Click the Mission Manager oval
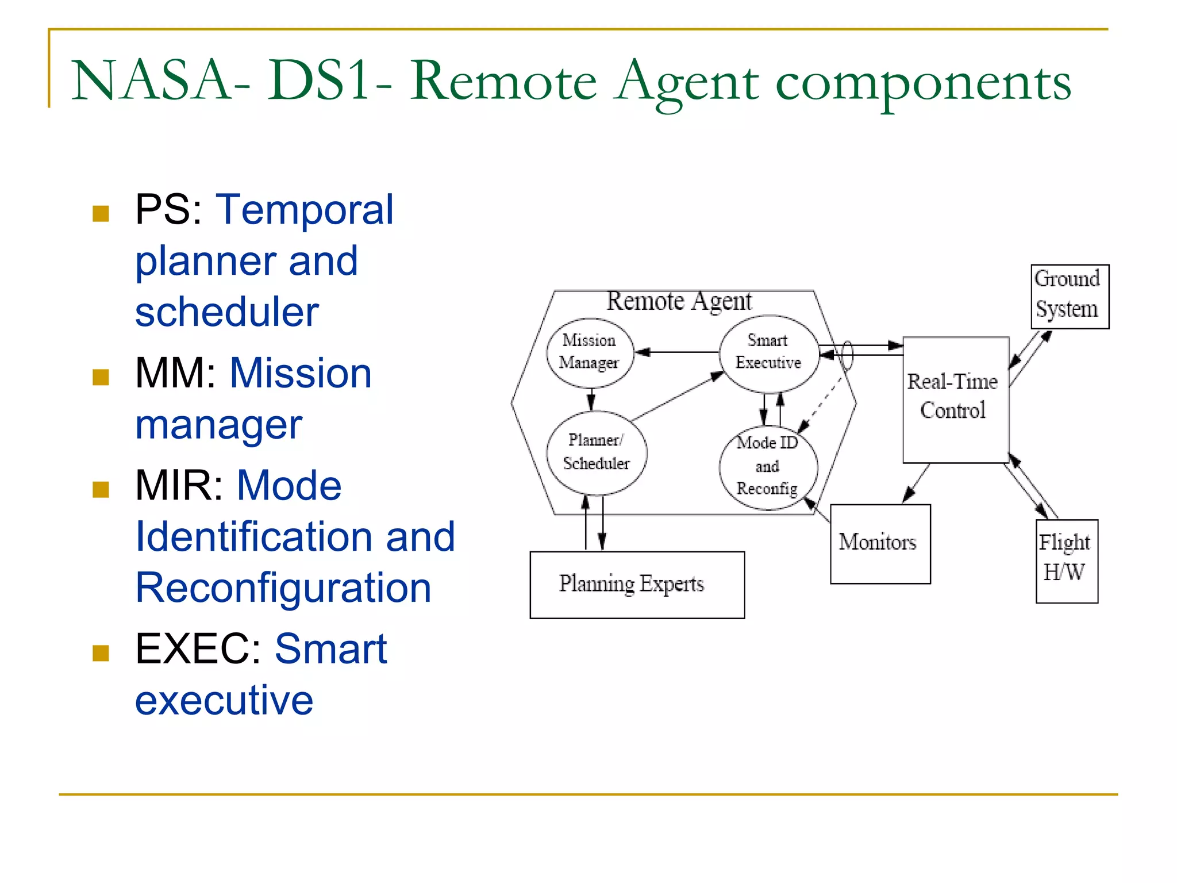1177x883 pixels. (x=590, y=352)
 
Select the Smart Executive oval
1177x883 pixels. (x=768, y=352)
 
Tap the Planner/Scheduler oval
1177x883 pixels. (x=597, y=452)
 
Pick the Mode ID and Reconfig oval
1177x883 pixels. (x=768, y=467)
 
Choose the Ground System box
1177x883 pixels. (x=1069, y=296)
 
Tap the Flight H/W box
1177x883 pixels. (x=1066, y=560)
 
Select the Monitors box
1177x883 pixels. (x=879, y=543)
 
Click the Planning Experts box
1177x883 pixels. (x=636, y=584)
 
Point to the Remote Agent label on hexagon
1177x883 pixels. (x=679, y=301)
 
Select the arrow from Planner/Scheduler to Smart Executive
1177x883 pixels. (x=678, y=397)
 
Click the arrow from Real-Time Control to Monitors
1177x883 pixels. (x=916, y=483)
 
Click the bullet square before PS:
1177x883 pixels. (x=101, y=214)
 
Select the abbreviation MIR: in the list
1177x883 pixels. (x=179, y=485)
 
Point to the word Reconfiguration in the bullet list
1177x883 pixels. (x=283, y=588)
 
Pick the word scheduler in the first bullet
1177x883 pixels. (x=227, y=312)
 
